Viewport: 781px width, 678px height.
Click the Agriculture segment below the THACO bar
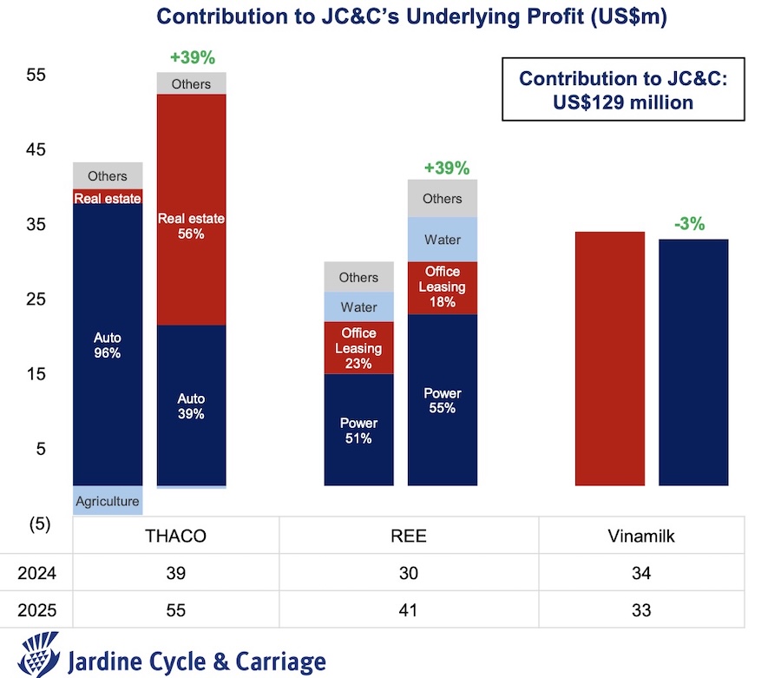pos(107,501)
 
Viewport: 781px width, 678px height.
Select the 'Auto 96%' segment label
pos(107,346)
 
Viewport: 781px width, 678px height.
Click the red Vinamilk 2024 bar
pos(609,358)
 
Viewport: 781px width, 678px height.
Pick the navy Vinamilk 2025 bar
pos(692,362)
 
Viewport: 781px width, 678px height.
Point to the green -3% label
pos(690,224)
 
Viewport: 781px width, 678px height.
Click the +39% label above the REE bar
pos(446,168)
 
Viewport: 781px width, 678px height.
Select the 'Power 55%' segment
pos(443,400)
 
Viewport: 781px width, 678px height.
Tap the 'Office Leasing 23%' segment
pos(358,348)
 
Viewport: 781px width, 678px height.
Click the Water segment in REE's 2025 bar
pos(443,240)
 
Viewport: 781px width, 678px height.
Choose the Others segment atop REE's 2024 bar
pos(358,277)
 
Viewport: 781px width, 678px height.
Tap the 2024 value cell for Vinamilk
pos(641,573)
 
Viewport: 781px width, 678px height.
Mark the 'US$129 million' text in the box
pos(623,102)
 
